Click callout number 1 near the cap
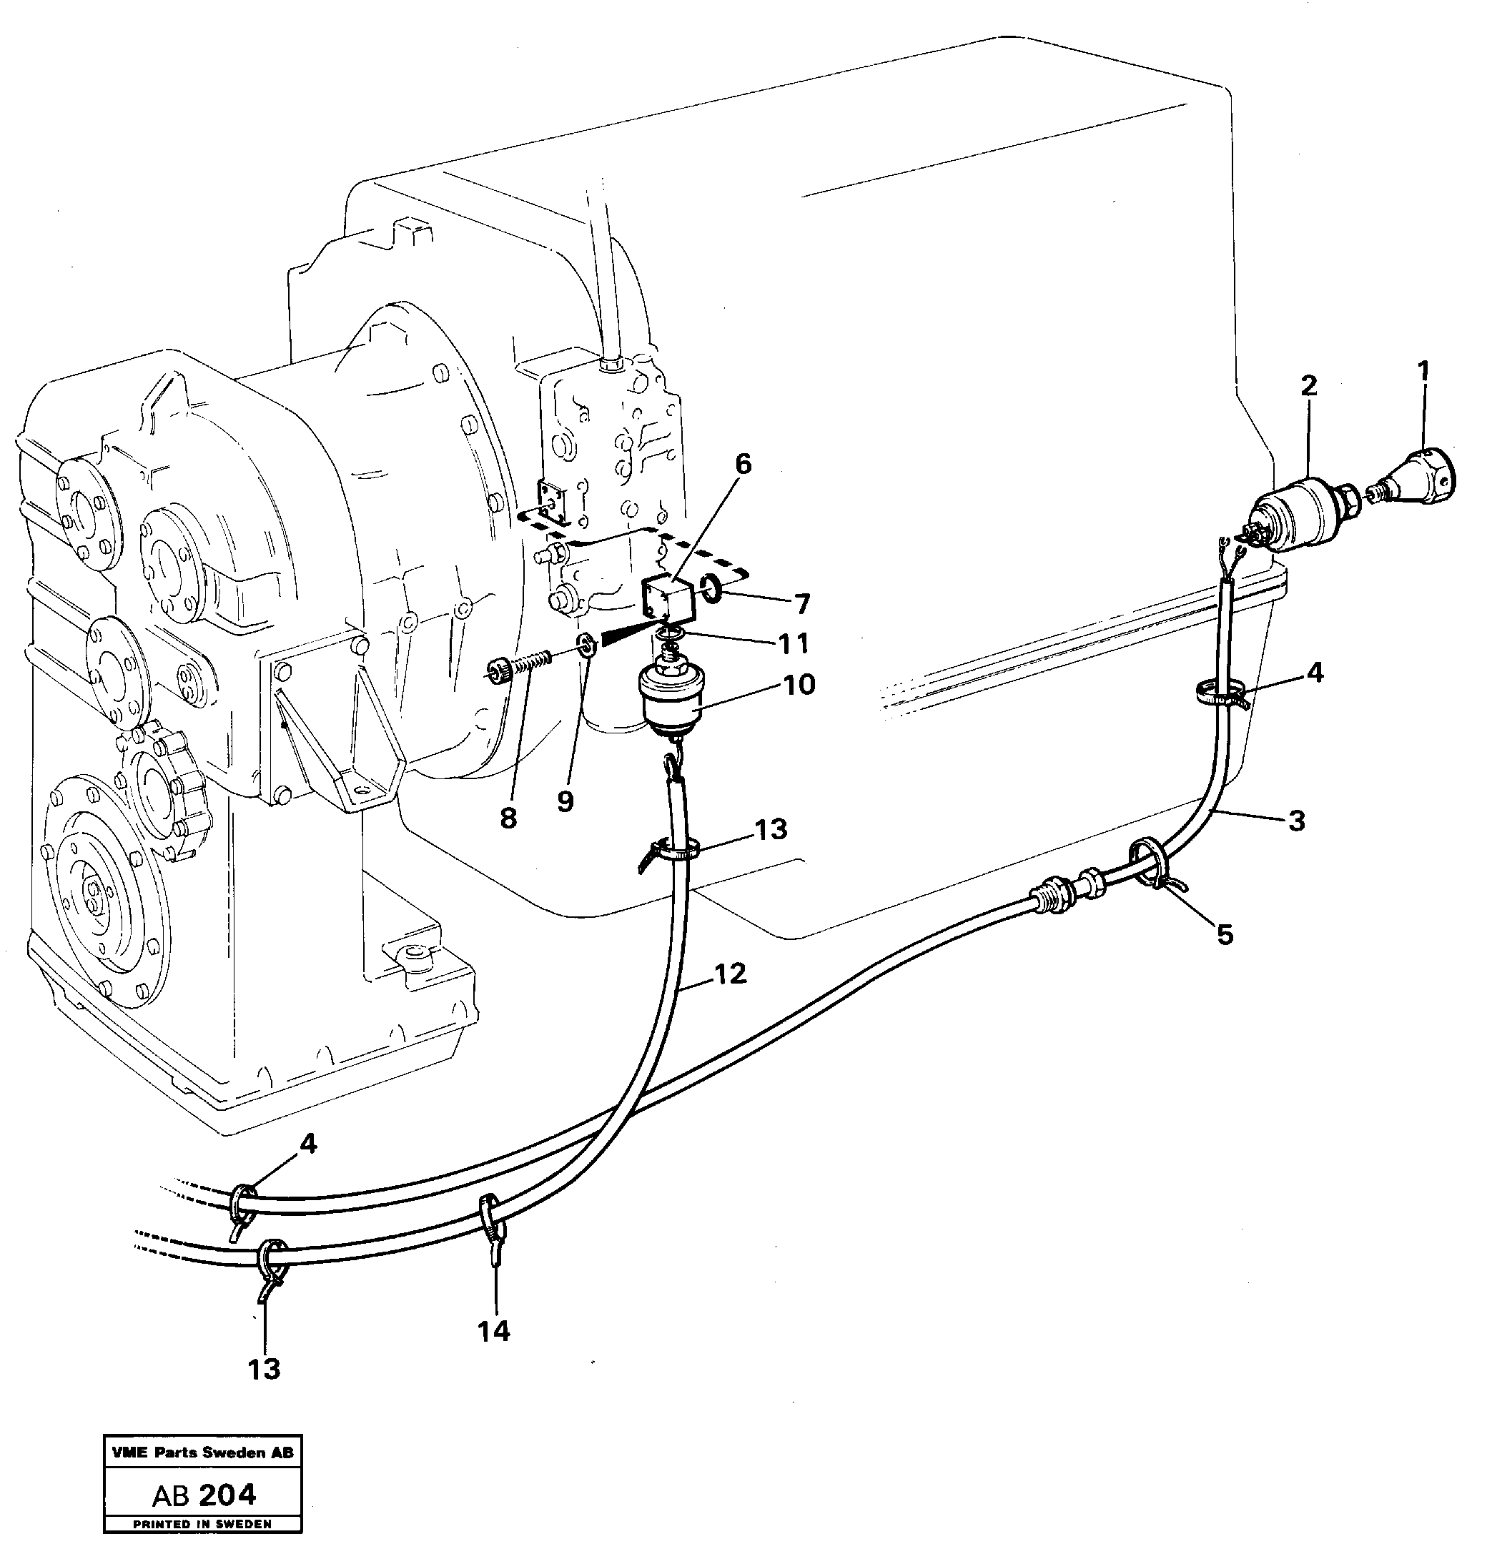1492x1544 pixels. pyautogui.click(x=1422, y=370)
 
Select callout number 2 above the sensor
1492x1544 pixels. pyautogui.click(x=1308, y=386)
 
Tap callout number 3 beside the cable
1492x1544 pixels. pyautogui.click(x=1296, y=821)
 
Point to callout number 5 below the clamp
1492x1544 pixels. pyautogui.click(x=1224, y=935)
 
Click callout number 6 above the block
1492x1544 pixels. pyautogui.click(x=743, y=465)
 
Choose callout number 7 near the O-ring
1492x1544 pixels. pyautogui.click(x=801, y=605)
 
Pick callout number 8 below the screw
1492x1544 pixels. pyautogui.click(x=508, y=819)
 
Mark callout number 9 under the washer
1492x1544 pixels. pyautogui.click(x=565, y=802)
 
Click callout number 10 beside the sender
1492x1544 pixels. pyautogui.click(x=798, y=684)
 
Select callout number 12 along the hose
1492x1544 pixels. pyautogui.click(x=729, y=974)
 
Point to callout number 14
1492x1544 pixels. pyautogui.click(x=494, y=1331)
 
